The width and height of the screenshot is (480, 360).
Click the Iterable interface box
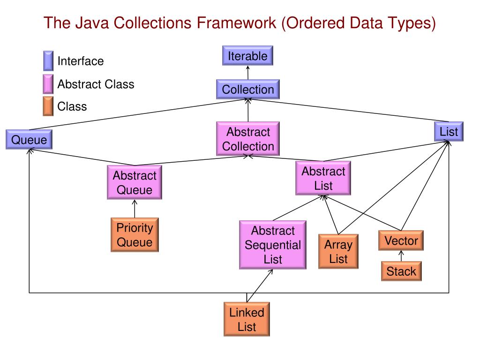pyautogui.click(x=247, y=56)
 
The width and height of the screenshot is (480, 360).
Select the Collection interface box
pyautogui.click(x=247, y=89)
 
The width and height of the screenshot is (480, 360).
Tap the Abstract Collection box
pyautogui.click(x=247, y=139)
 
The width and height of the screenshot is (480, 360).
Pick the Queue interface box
pyautogui.click(x=29, y=140)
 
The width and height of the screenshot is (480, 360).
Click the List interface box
pyautogui.click(x=449, y=132)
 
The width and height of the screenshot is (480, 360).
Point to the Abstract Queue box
pyautogui.click(x=135, y=183)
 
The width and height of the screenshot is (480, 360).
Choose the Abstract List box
pyautogui.click(x=323, y=179)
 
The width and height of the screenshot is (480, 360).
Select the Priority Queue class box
pyautogui.click(x=135, y=235)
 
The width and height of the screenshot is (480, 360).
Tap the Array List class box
pyautogui.click(x=338, y=252)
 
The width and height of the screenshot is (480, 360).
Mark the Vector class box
pyautogui.click(x=401, y=241)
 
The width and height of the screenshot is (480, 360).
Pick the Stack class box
pyautogui.click(x=401, y=271)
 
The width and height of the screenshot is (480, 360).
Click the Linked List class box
pyautogui.click(x=247, y=319)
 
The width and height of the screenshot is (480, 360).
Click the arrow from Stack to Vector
pyautogui.click(x=401, y=256)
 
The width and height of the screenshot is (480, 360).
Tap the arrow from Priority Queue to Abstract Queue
pyautogui.click(x=135, y=209)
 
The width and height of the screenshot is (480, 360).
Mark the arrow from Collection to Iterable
pyautogui.click(x=247, y=73)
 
